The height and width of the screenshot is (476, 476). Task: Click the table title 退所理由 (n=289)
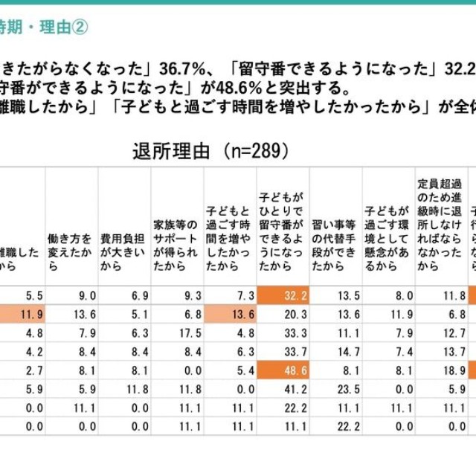tap(209, 152)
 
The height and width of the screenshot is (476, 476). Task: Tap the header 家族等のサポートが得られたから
tap(176, 242)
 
